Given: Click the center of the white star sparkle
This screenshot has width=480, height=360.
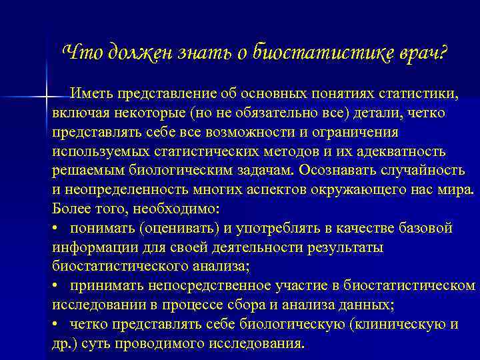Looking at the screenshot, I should point(46,99).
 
